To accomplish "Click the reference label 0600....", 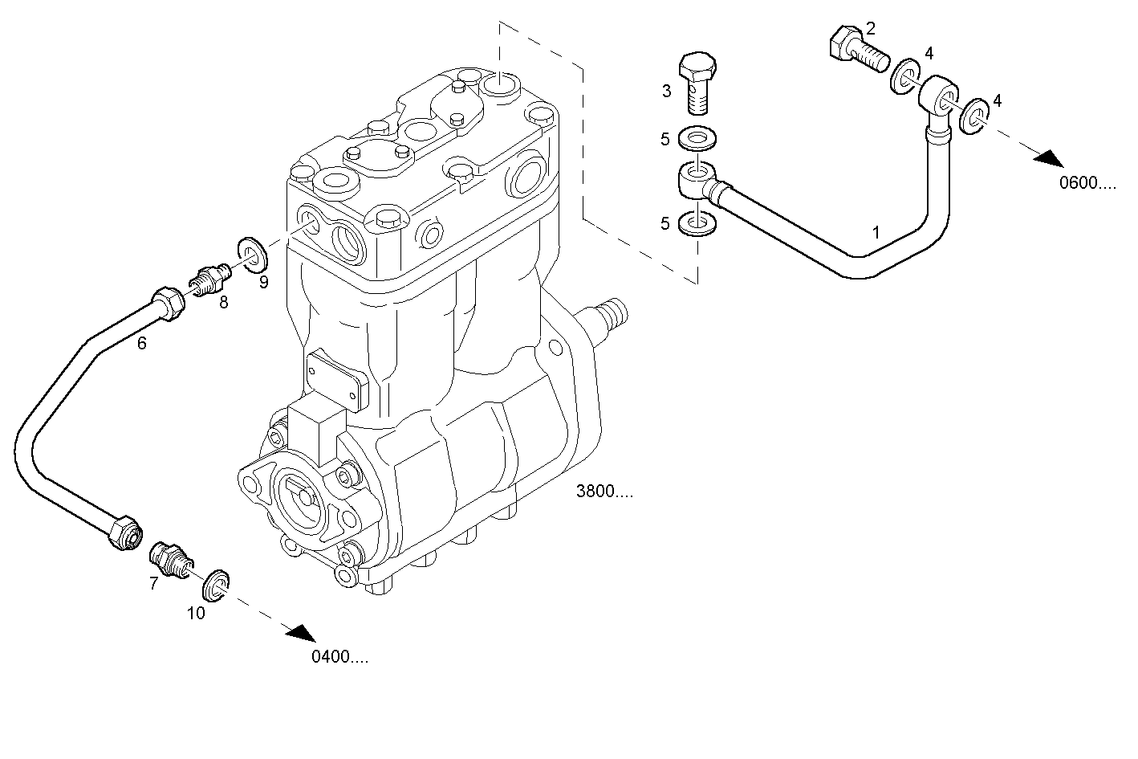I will coord(1087,183).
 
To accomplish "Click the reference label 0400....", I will coord(339,657).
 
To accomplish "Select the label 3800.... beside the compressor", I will coord(604,492).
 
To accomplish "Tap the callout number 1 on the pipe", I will coord(876,232).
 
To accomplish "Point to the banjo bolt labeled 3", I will coord(697,81).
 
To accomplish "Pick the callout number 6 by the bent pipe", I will coord(142,343).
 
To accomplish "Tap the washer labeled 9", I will coord(254,254).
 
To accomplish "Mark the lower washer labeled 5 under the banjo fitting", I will coord(697,224).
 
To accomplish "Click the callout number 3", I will coord(666,91).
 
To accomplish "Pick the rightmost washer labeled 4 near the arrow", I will coord(973,116).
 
